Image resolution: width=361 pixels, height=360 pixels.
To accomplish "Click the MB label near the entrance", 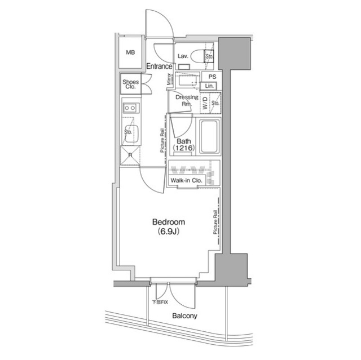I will coord(130,53).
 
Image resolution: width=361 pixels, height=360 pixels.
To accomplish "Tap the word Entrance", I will coord(159,66).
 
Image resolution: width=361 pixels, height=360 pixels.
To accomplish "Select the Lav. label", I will coord(183,56).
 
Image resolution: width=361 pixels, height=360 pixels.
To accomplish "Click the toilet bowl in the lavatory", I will coord(197,56).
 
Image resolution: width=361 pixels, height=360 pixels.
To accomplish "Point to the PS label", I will coord(212,77).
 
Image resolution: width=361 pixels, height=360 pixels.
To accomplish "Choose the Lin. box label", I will coord(210,85).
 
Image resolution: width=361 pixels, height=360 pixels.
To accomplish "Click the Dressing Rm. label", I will coord(187,101).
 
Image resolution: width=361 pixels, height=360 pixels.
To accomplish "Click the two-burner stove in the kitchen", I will coord(130,107).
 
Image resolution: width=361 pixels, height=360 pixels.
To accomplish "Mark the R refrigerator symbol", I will coord(130,155).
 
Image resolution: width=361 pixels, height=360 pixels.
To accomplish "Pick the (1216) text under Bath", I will coord(184,148).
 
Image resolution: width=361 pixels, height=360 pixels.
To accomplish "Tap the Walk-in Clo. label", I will coord(186,181).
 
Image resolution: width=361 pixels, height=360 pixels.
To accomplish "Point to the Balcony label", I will coord(184,316).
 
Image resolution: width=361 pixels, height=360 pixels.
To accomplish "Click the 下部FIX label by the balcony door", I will coord(160,303).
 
